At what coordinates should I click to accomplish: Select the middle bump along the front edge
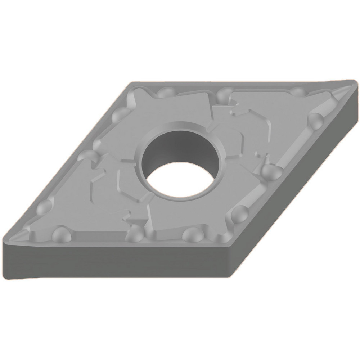point(134,234)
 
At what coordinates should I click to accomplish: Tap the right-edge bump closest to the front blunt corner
point(238,215)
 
